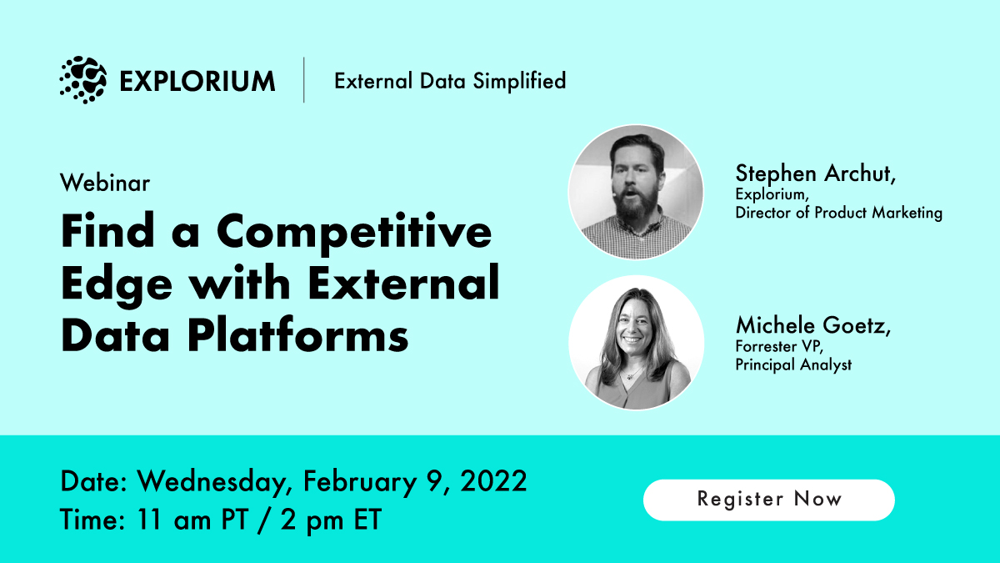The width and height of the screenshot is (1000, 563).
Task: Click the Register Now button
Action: coord(768,500)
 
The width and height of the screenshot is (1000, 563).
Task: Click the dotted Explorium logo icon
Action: coord(83,80)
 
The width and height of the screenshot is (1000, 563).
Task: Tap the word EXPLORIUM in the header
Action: coord(197,81)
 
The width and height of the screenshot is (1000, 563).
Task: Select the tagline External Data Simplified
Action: coord(450,81)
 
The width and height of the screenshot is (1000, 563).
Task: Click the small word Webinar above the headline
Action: coord(105,183)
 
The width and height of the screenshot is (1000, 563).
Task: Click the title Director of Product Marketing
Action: coord(838,213)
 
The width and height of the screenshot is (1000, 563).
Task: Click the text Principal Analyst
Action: coord(793,364)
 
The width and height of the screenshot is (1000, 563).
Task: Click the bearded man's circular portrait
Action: coord(635,192)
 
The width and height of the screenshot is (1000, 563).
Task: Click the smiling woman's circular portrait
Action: coord(635,343)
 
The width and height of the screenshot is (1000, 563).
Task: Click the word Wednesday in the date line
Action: coord(214,482)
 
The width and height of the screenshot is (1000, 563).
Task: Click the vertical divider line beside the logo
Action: coord(304,80)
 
